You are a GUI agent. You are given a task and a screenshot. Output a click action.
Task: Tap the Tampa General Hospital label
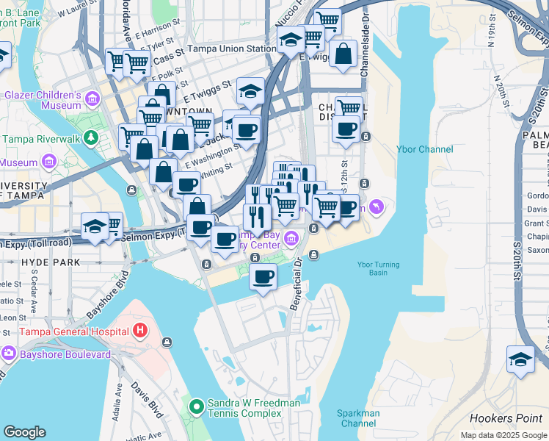(x=64, y=331)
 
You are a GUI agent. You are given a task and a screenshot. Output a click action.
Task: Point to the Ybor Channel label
(x=424, y=149)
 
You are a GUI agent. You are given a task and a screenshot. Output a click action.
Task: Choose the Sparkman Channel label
(x=358, y=418)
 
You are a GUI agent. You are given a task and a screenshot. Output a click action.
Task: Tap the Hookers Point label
(x=505, y=418)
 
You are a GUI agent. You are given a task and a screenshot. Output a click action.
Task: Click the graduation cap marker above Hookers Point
(x=520, y=359)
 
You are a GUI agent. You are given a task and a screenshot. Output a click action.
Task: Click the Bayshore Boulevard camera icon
(x=8, y=354)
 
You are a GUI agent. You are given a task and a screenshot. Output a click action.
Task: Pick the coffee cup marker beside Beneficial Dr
(x=263, y=277)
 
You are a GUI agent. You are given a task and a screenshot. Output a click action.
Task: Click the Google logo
(x=24, y=432)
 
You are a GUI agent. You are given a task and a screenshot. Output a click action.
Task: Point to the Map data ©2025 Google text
(x=504, y=435)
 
